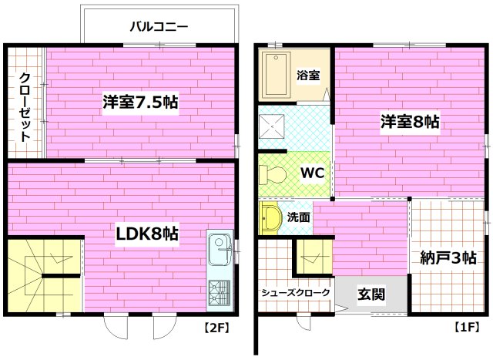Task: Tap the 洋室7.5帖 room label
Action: pyautogui.click(x=141, y=102)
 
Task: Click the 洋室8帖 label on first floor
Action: pyautogui.click(x=409, y=122)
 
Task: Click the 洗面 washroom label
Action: pyautogui.click(x=300, y=217)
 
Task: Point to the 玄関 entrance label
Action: pyautogui.click(x=371, y=294)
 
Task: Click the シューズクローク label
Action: pyautogui.click(x=296, y=293)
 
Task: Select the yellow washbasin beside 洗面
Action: pyautogui.click(x=270, y=219)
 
